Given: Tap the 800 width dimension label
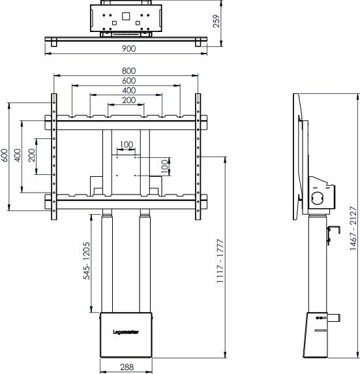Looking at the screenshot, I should point(128,70).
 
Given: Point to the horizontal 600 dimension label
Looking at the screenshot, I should point(128,80).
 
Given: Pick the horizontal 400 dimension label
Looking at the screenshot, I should point(128,90).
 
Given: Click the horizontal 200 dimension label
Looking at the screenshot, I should point(128,101).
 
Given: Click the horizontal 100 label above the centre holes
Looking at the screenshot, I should point(127,144).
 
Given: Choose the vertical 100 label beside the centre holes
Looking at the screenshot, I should point(164,166).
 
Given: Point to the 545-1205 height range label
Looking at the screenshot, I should point(87,261).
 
